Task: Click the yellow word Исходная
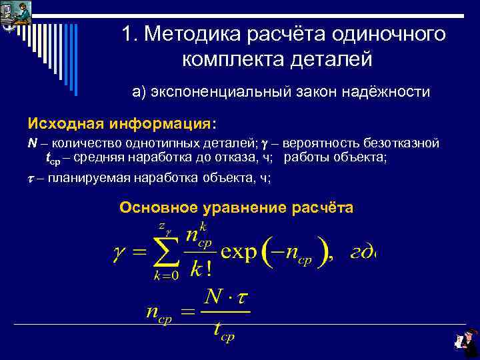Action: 61,124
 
